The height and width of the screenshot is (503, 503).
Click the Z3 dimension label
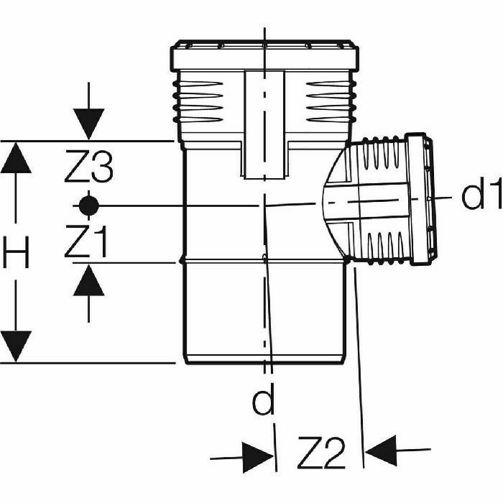(88, 170)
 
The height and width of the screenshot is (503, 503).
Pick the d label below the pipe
(264, 402)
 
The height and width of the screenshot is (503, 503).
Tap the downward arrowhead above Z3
(88, 124)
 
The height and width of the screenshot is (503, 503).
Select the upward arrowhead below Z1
(88, 280)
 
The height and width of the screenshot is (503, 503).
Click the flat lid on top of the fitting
(264, 52)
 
